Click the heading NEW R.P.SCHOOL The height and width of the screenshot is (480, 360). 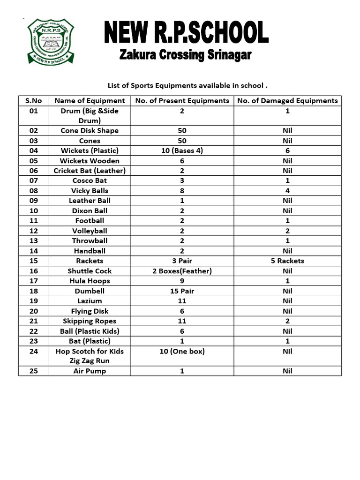tap(186, 34)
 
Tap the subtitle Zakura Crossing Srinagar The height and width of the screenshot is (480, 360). tap(186, 56)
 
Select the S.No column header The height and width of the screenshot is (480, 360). tap(34, 100)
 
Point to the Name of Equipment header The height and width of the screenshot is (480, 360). tap(90, 100)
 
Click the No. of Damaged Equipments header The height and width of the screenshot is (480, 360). tap(287, 100)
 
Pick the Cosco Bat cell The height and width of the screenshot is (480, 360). tap(90, 180)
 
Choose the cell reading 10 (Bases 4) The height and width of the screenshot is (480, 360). tap(182, 150)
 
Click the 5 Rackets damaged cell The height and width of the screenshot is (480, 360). tap(287, 261)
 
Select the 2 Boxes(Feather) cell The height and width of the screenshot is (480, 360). tap(182, 271)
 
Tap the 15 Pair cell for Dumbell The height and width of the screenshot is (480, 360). tap(182, 291)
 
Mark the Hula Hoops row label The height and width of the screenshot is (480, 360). tap(90, 281)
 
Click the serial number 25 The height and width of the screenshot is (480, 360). tap(34, 371)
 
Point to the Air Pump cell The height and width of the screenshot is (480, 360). tap(90, 371)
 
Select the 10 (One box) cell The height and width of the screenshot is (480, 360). tap(182, 351)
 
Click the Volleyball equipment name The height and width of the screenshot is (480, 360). tap(90, 231)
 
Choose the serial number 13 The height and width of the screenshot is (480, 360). tap(34, 240)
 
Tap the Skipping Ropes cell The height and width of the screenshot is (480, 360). tap(90, 321)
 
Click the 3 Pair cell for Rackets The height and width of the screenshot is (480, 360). tap(182, 261)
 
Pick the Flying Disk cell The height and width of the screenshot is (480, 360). tap(90, 311)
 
